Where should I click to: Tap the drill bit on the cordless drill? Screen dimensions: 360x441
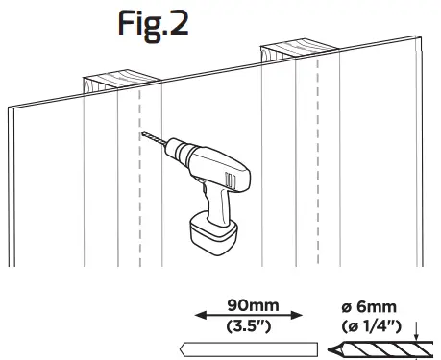(152, 141)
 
